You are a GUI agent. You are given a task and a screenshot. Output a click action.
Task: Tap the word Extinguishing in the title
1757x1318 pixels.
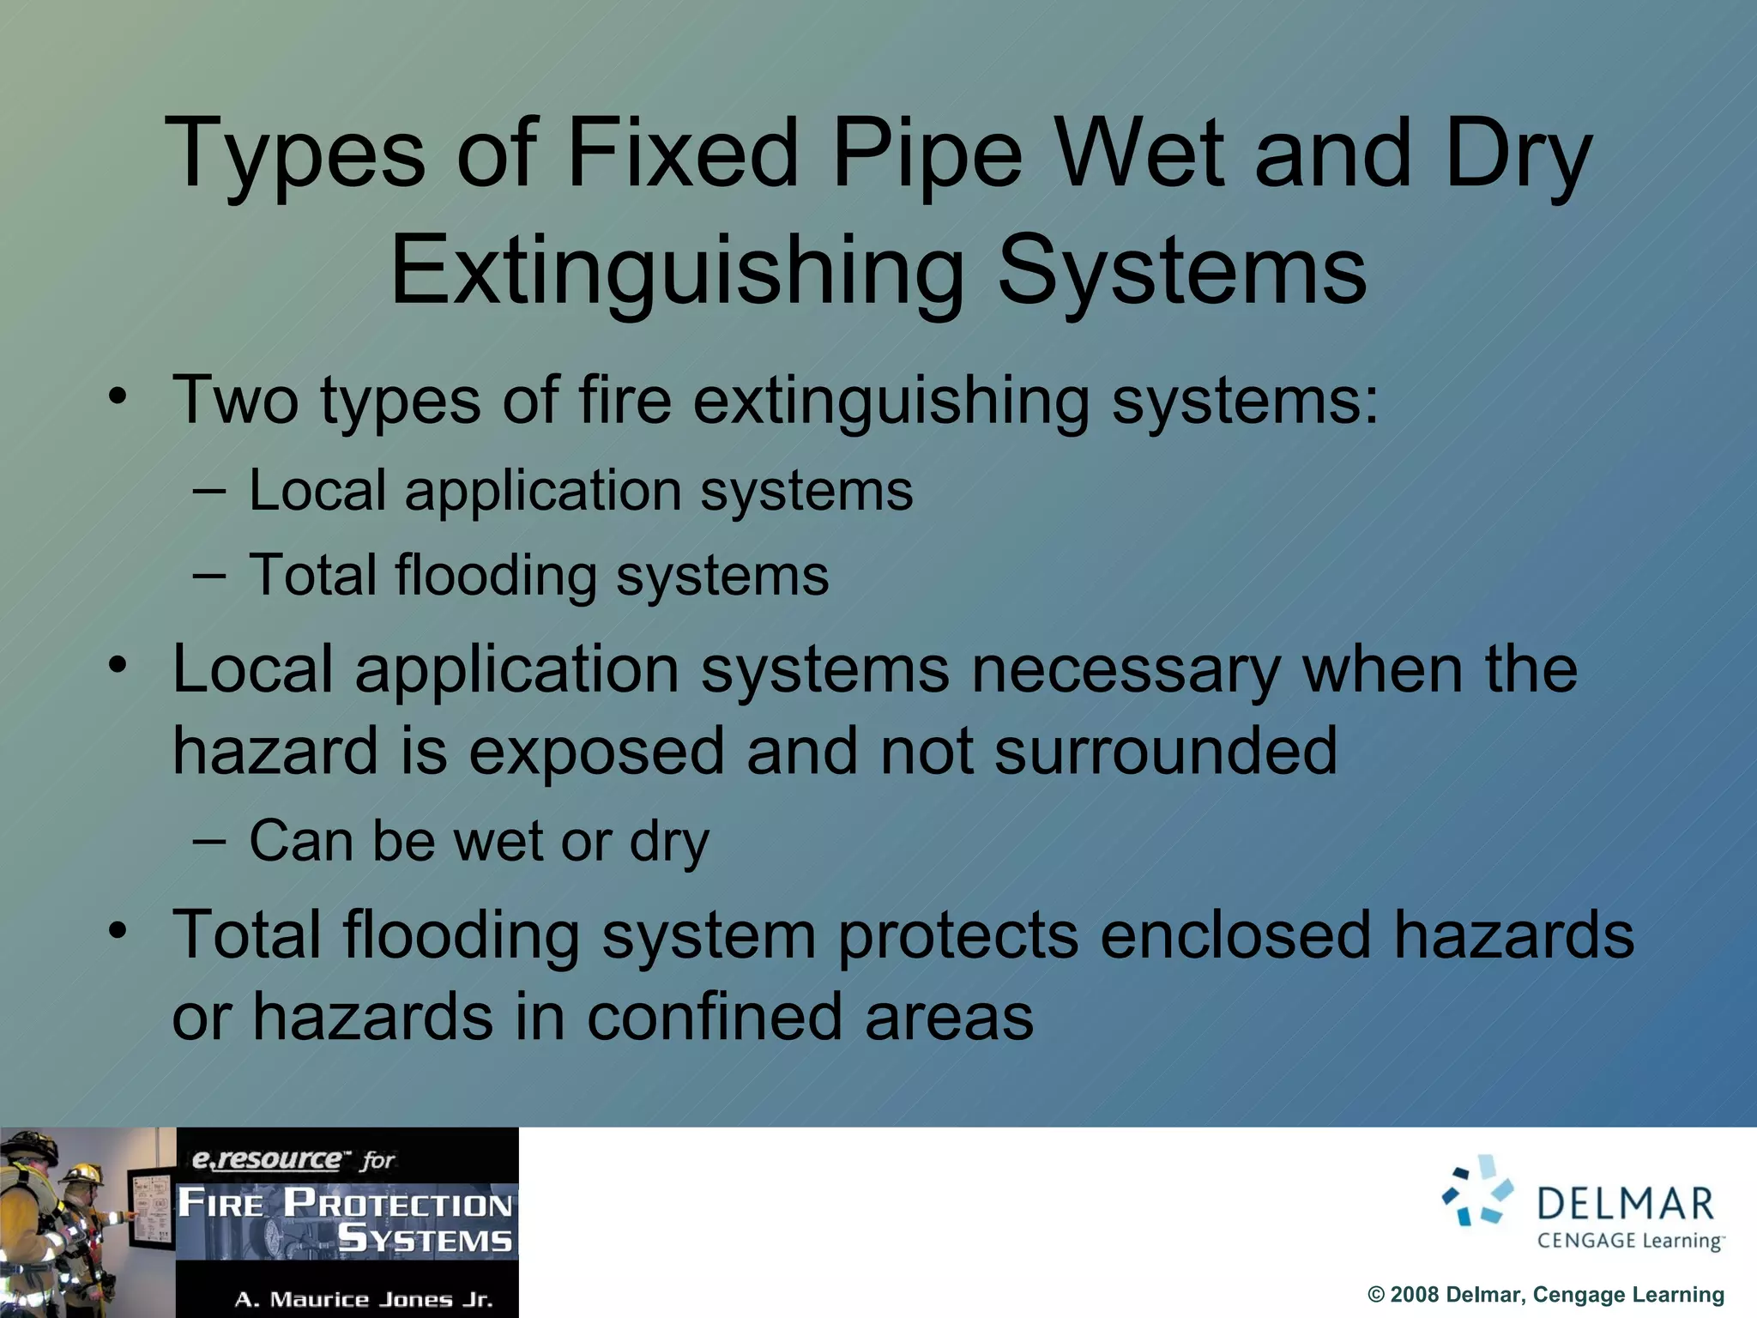[x=677, y=273]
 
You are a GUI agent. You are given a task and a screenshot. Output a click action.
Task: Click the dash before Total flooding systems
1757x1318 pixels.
[x=209, y=576]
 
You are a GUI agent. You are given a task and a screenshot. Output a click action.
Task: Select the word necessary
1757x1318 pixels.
[x=1126, y=669]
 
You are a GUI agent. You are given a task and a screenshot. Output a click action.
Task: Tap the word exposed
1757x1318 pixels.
[x=596, y=751]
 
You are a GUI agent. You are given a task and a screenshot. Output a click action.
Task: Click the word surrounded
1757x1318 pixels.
[x=1165, y=751]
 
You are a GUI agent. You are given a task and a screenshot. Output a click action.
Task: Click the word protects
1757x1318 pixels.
[x=957, y=935]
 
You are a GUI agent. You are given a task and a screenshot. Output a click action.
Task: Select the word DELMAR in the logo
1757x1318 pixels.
[x=1625, y=1204]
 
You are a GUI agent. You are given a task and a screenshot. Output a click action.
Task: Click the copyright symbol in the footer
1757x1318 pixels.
[x=1376, y=1295]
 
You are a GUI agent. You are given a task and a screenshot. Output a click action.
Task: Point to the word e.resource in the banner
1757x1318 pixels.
[x=266, y=1160]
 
